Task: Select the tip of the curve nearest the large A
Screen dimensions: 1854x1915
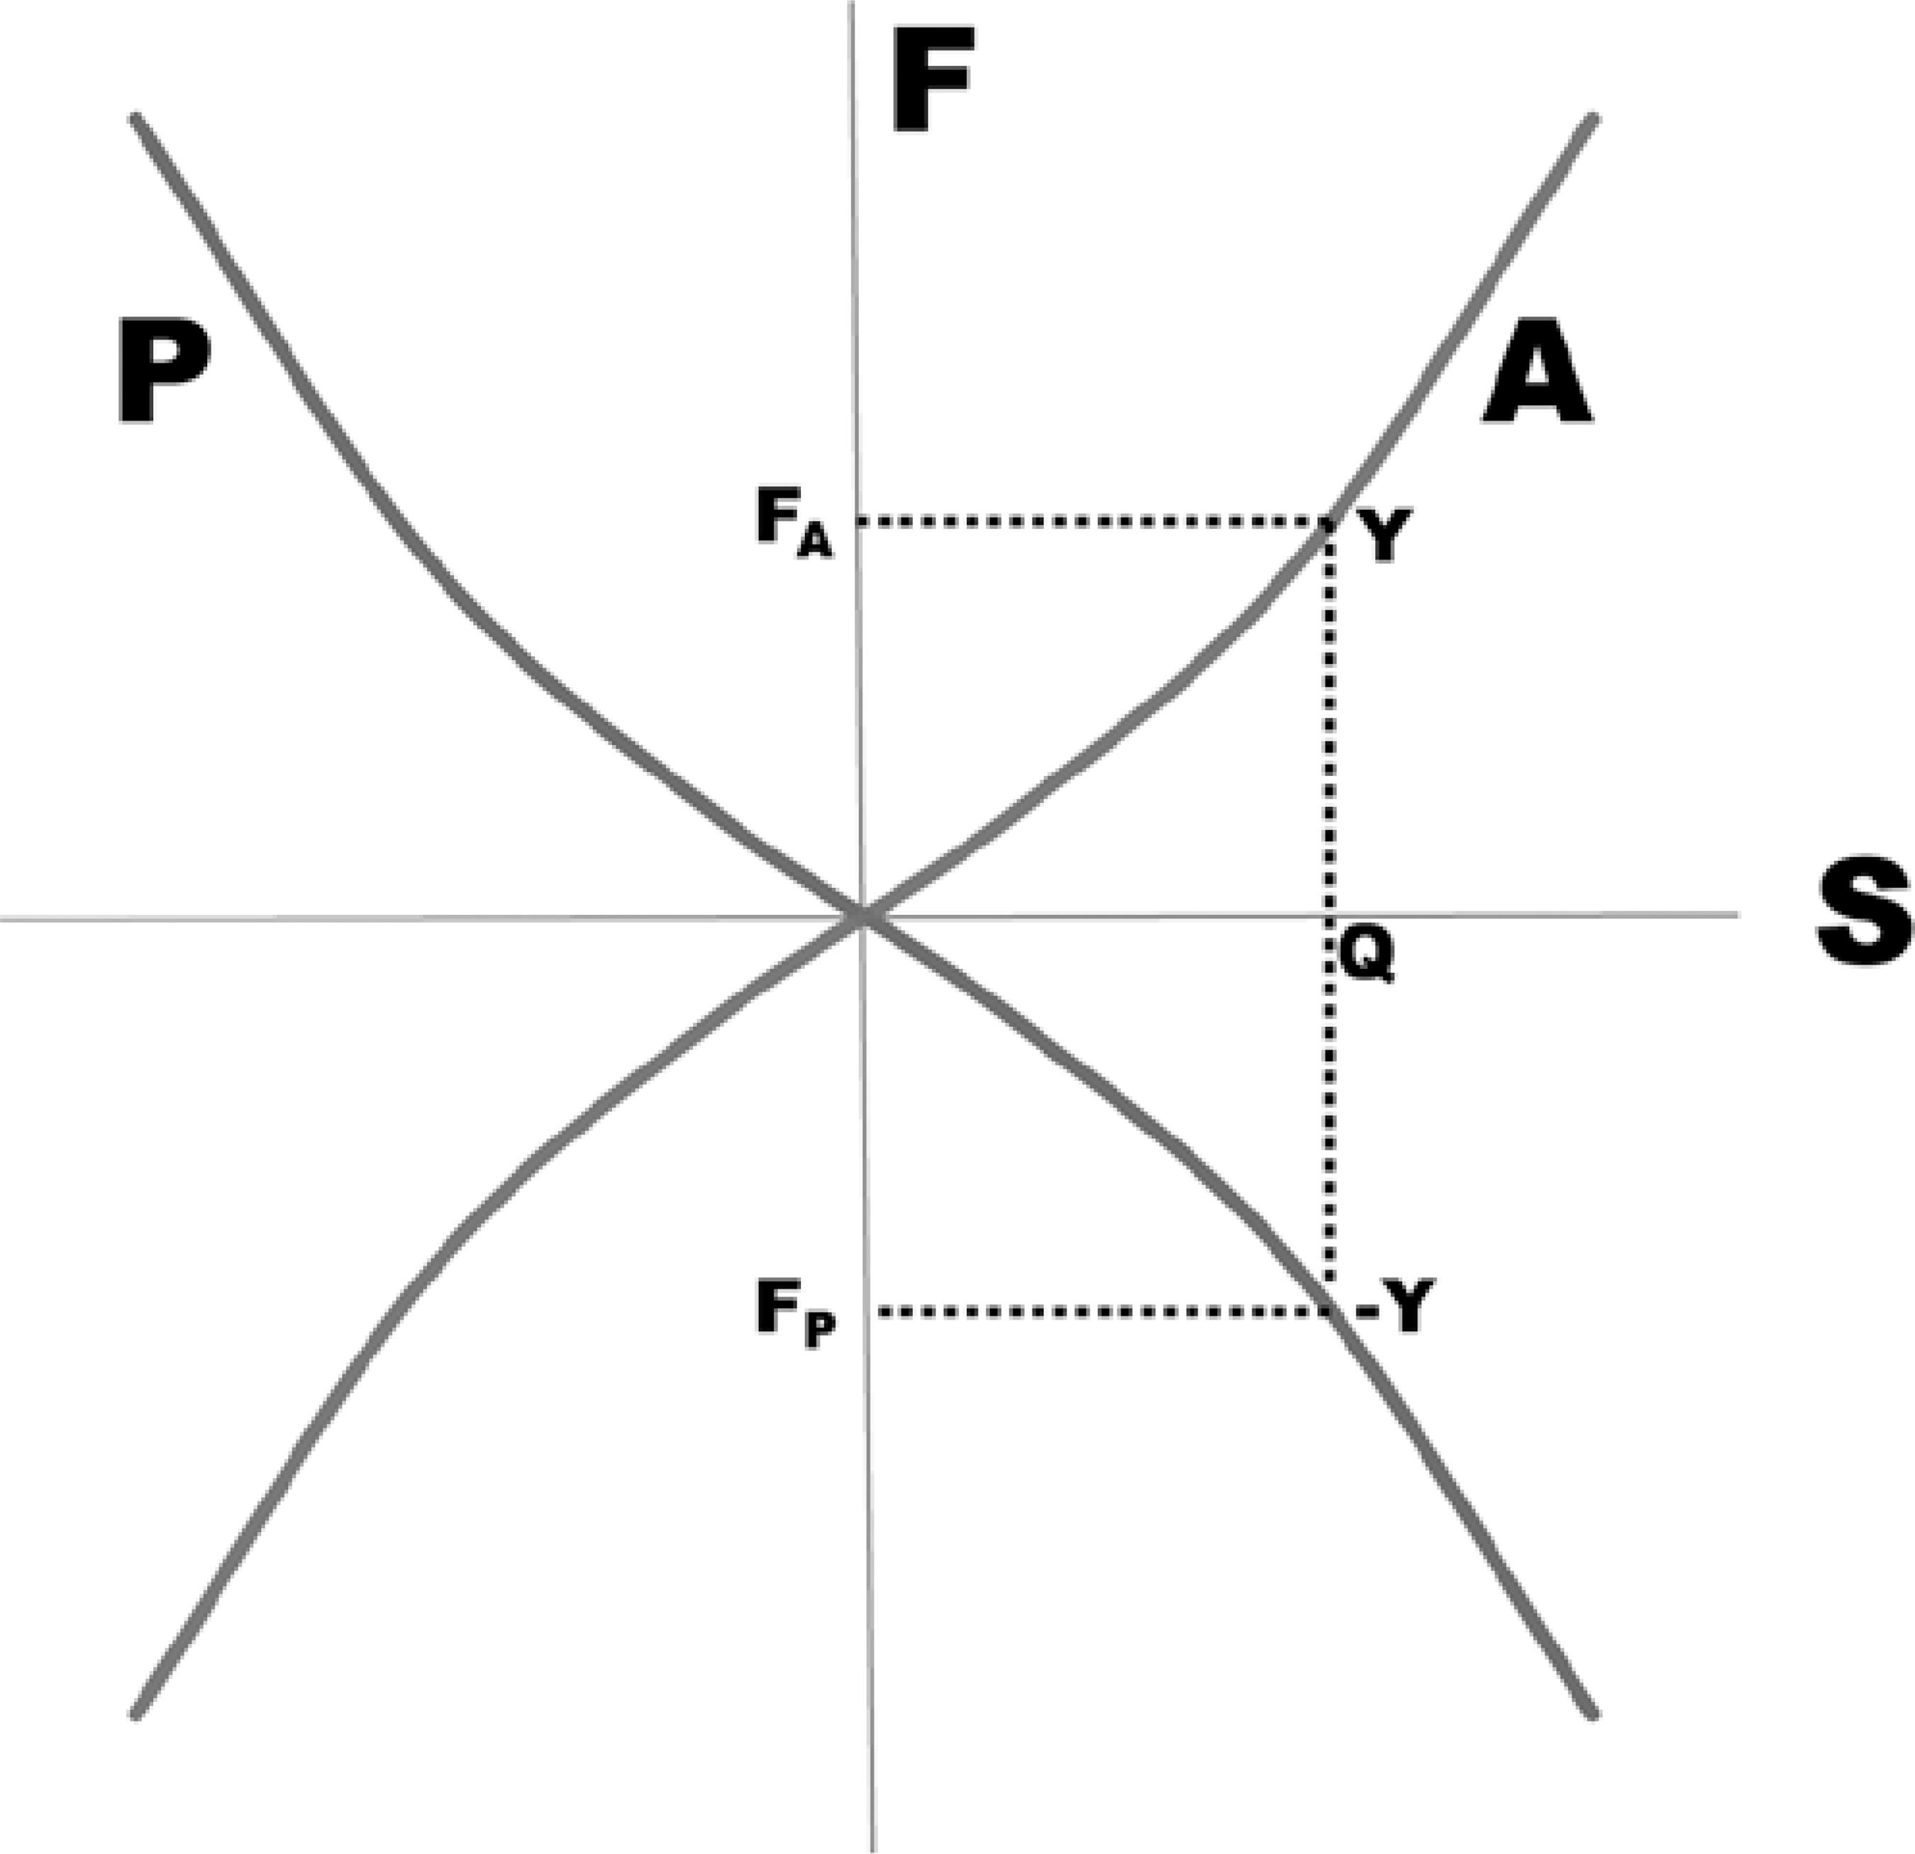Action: click(x=1594, y=119)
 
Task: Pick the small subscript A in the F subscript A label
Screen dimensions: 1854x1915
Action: click(x=815, y=543)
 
